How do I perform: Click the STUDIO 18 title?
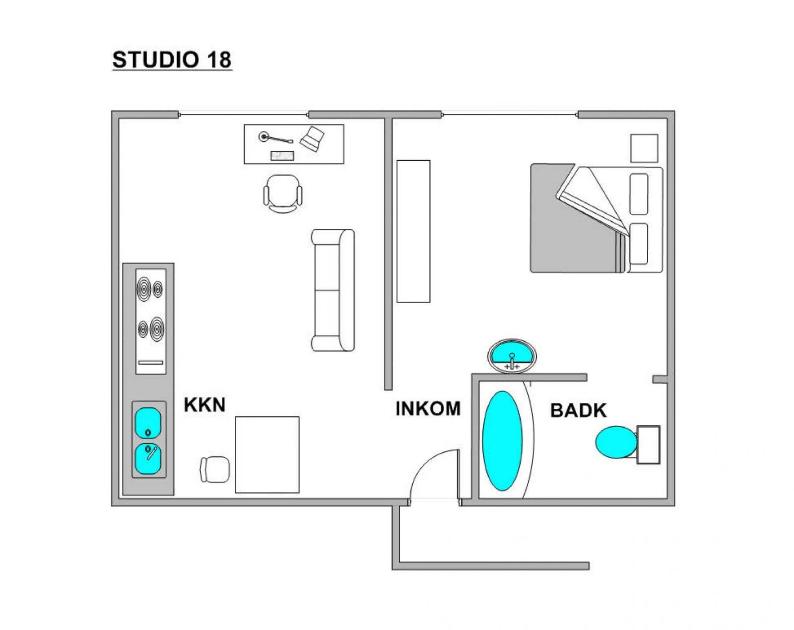[172, 60]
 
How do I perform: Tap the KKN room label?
[205, 405]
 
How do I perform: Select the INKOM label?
[428, 409]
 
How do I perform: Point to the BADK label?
[578, 411]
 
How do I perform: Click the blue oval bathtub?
[503, 441]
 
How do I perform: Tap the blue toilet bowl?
[616, 442]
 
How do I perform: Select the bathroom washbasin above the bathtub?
[512, 356]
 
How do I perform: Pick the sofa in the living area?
[333, 290]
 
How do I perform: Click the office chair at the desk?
[283, 194]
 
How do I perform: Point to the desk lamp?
[275, 138]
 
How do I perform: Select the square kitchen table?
[267, 455]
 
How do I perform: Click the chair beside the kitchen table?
[215, 469]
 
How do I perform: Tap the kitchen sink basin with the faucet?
[148, 459]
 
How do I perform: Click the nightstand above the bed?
[644, 148]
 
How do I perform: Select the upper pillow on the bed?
[639, 194]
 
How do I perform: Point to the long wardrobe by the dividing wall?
[414, 231]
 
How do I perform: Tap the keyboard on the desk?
[282, 156]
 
